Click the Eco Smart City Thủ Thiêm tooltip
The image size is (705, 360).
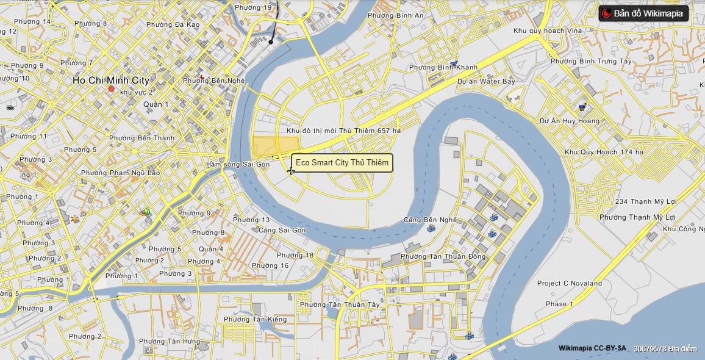pyautogui.click(x=342, y=164)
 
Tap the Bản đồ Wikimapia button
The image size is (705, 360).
pyautogui.click(x=643, y=13)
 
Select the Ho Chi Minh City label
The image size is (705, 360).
pyautogui.click(x=110, y=80)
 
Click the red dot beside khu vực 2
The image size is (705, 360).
pyautogui.click(x=111, y=89)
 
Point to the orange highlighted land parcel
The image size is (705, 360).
pyautogui.click(x=271, y=147)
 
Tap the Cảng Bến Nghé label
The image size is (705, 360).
pyautogui.click(x=431, y=220)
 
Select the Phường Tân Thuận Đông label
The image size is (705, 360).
pyautogui.click(x=443, y=256)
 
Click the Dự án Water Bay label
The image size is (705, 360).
pyautogui.click(x=486, y=81)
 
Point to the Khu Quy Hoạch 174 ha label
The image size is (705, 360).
pyautogui.click(x=604, y=152)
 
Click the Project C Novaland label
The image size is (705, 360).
pyautogui.click(x=569, y=283)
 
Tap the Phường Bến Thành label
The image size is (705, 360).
pyautogui.click(x=141, y=138)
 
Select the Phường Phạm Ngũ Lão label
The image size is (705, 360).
pyautogui.click(x=121, y=173)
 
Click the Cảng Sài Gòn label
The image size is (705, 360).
pyautogui.click(x=282, y=230)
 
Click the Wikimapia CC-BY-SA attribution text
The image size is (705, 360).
pyautogui.click(x=592, y=348)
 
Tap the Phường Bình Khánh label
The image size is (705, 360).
pyautogui.click(x=434, y=67)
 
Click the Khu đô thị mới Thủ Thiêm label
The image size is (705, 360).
pyautogui.click(x=344, y=131)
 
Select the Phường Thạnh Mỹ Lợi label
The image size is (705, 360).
pyautogui.click(x=637, y=217)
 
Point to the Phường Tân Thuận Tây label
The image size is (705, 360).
pyautogui.click(x=340, y=304)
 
